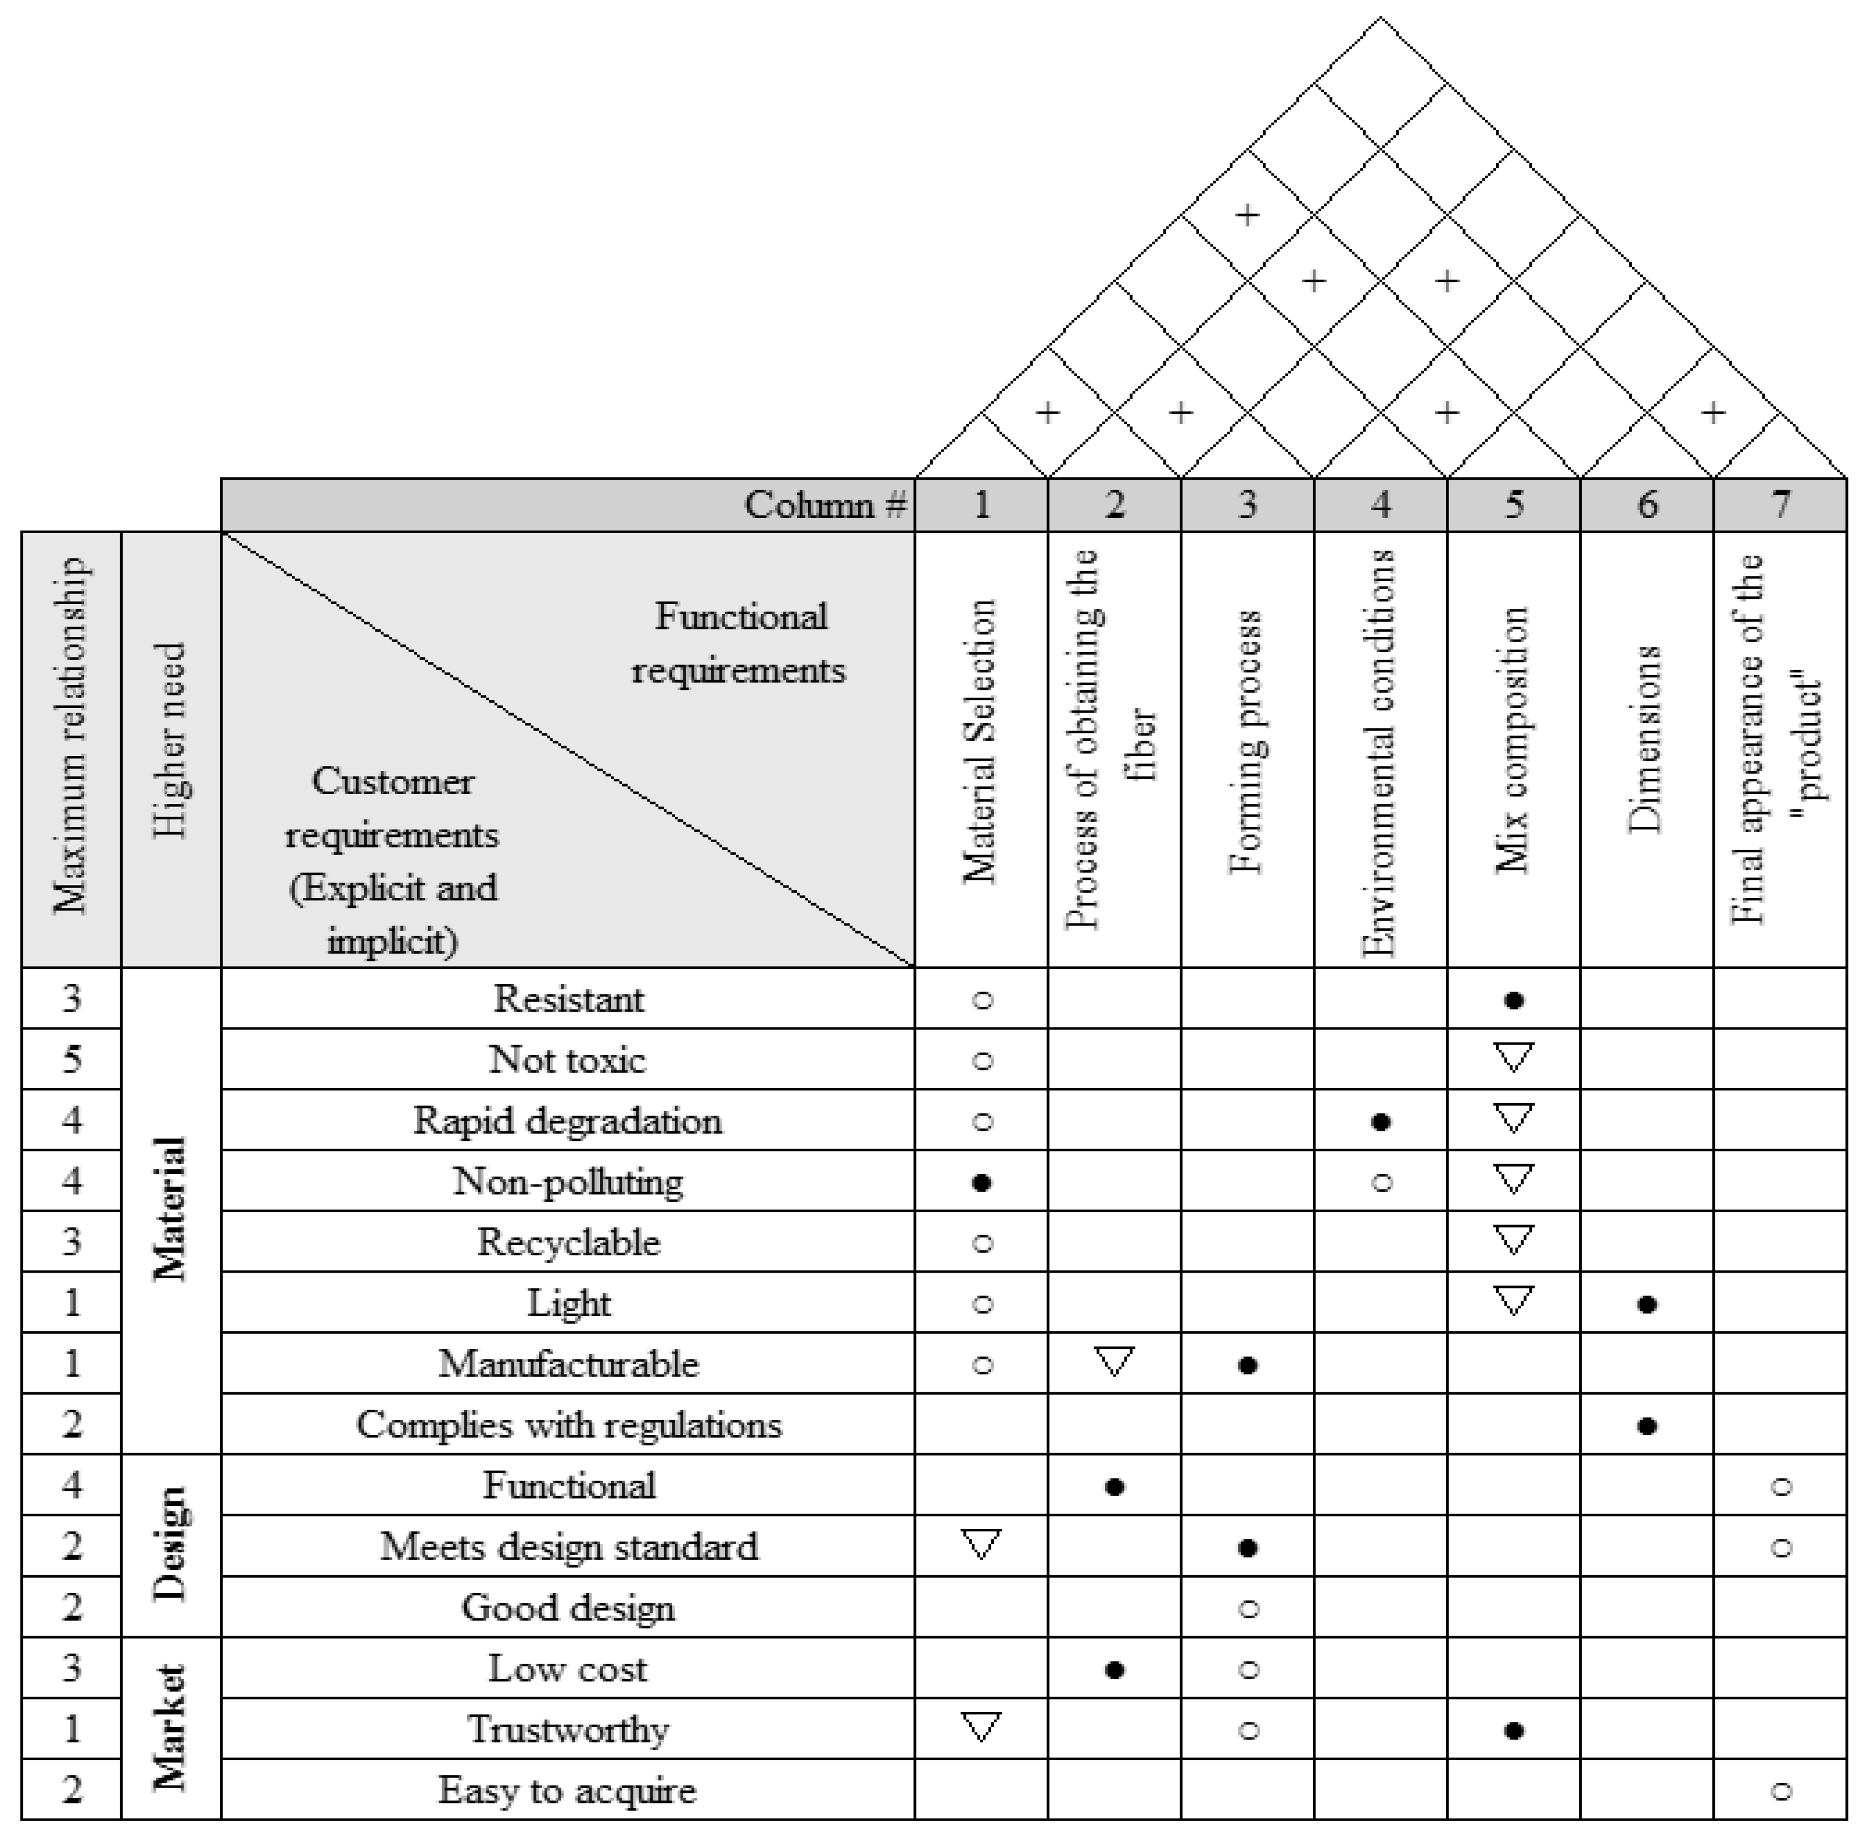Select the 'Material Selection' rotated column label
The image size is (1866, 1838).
point(980,741)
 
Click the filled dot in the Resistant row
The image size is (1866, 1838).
point(1514,1000)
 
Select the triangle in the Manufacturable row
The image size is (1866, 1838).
point(1114,1361)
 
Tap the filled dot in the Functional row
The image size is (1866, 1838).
point(1114,1487)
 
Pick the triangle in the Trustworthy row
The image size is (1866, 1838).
point(981,1726)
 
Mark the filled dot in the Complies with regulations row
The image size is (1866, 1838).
point(1647,1426)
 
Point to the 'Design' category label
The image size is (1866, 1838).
point(171,1545)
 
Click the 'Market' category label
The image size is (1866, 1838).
point(171,1728)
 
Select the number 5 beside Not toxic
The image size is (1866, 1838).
point(72,1060)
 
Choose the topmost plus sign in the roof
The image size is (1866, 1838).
point(1247,214)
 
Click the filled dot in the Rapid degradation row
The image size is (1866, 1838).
point(1380,1122)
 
